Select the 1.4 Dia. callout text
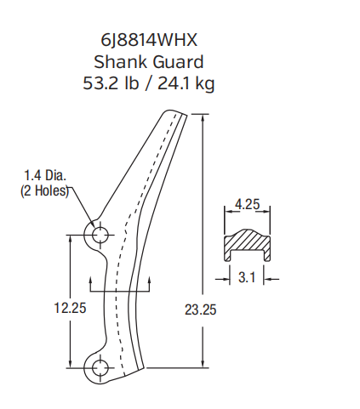44,178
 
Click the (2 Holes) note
44,192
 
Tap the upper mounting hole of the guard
99,233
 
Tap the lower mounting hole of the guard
99,367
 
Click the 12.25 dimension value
69,308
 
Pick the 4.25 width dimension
247,204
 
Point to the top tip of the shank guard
170,112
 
